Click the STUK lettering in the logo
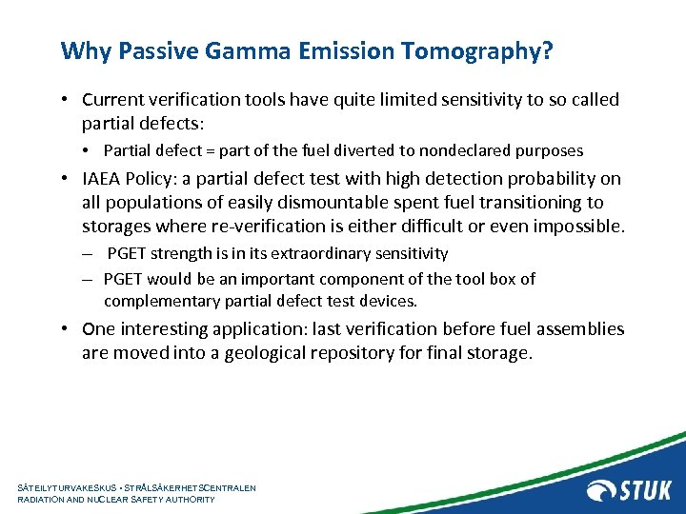645,490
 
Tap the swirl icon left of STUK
601,490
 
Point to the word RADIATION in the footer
44,499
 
